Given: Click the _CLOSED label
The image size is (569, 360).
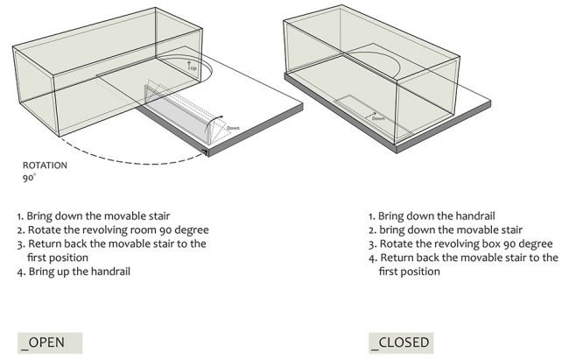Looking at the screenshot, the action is click(401, 343).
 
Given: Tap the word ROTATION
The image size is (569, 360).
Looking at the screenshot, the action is click(45, 166).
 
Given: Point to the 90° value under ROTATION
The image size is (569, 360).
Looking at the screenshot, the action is click(29, 178).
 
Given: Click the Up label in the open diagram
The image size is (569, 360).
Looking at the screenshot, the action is click(194, 68).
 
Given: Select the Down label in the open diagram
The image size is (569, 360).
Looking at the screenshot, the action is click(233, 128).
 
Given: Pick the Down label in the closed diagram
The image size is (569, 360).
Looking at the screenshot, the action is click(378, 118).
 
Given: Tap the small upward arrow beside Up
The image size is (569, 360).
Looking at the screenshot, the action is click(189, 66).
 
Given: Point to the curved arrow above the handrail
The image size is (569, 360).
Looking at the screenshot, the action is click(214, 120).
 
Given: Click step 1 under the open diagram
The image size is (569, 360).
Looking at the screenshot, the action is click(94, 216).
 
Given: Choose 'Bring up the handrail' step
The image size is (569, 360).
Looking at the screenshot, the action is click(74, 272).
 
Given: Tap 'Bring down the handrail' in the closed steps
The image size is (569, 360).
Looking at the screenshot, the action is click(432, 216).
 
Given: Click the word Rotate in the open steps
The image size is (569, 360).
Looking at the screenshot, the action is click(45, 230).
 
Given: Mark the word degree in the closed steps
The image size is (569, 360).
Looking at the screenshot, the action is click(537, 244).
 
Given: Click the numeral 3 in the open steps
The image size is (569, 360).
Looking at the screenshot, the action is click(20, 244).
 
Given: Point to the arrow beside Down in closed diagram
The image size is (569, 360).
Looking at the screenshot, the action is click(370, 115).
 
